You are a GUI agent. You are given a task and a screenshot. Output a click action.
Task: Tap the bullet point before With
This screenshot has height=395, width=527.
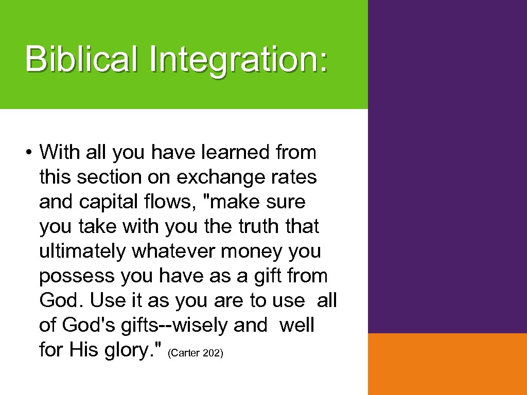[31, 153]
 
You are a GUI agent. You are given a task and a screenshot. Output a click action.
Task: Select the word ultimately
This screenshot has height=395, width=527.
[82, 252]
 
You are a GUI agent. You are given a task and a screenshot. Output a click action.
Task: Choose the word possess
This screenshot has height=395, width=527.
[77, 276]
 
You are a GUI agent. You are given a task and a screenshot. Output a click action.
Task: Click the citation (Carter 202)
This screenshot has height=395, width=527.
[196, 353]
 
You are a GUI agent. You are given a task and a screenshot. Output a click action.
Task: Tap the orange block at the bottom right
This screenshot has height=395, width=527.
[447, 364]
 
